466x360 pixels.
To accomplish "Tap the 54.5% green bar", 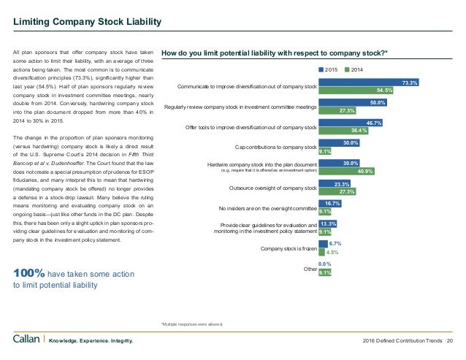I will (x=356, y=91).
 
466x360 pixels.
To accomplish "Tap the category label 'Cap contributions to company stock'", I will (x=275, y=148).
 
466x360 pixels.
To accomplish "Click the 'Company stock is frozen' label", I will (x=288, y=249).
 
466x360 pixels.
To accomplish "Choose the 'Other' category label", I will (x=310, y=269).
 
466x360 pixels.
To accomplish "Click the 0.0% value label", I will (x=325, y=264).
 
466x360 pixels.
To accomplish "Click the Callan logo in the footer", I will (x=28, y=340).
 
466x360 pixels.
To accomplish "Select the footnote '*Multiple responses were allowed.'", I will (x=191, y=323).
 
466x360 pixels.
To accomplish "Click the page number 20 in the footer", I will (x=450, y=340).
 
